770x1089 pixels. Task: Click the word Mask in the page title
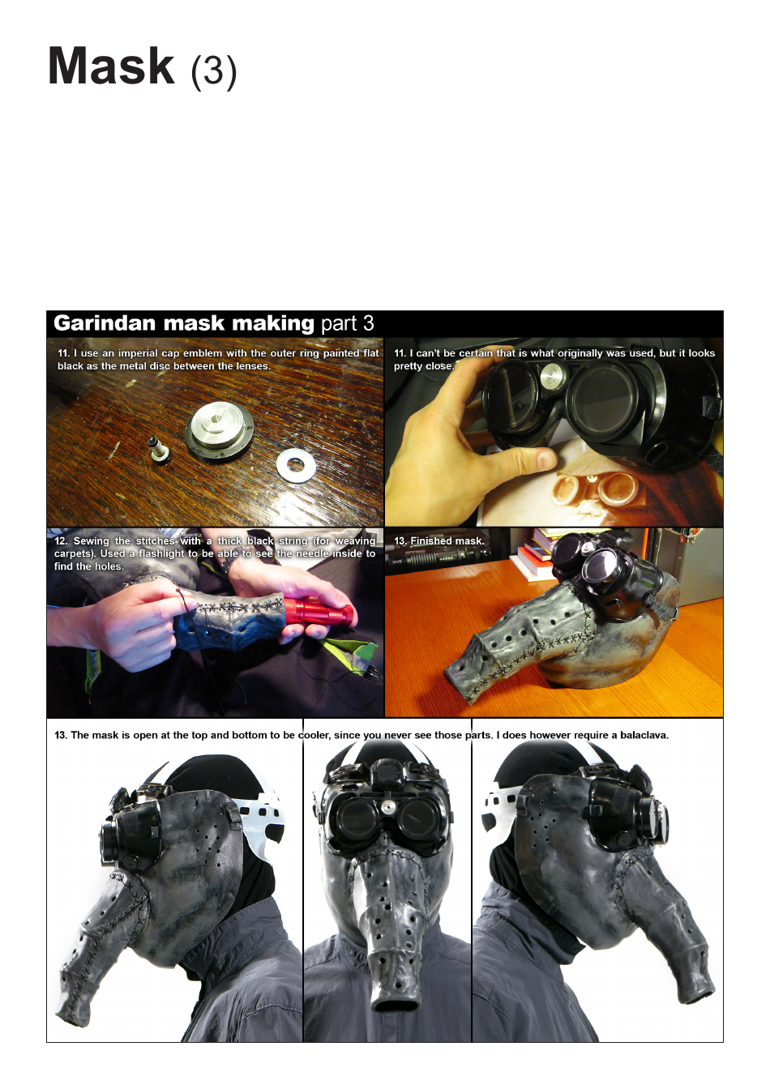(111, 66)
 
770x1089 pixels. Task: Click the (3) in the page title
(213, 71)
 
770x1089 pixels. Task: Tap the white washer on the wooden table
(296, 465)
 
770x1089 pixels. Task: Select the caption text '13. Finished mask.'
(438, 540)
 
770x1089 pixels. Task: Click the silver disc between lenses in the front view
(387, 807)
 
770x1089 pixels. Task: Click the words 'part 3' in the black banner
(347, 324)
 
